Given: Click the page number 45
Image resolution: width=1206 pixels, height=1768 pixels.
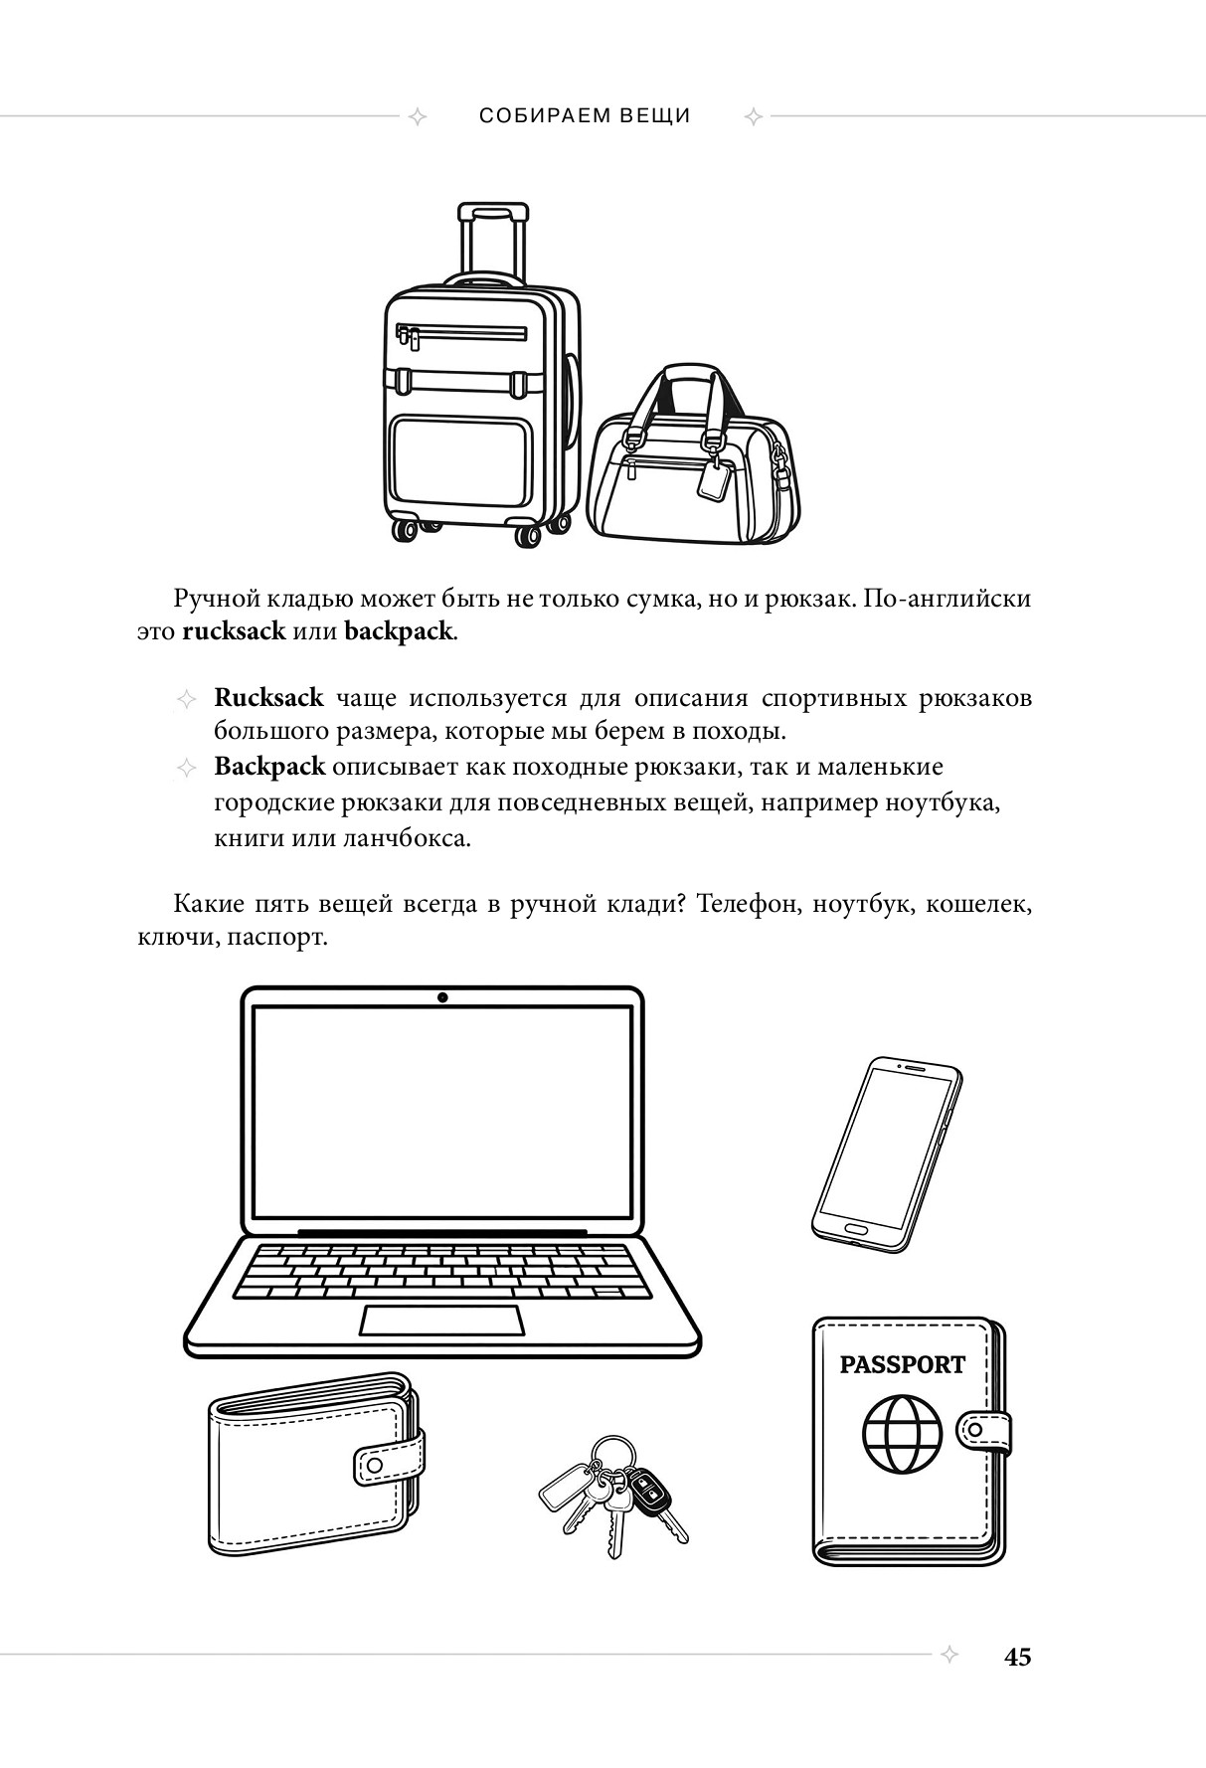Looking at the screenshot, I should coord(1017,1657).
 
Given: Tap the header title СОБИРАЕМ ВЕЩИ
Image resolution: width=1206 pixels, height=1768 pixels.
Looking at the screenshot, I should coord(585,115).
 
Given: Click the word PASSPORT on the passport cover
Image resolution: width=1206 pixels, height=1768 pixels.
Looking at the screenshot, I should coord(902,1364).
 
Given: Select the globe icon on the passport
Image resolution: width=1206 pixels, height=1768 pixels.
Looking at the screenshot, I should coord(902,1435).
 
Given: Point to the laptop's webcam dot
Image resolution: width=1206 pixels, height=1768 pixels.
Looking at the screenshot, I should coord(442,997).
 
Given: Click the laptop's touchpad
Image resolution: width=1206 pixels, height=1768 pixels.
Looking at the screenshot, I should coord(441,1321).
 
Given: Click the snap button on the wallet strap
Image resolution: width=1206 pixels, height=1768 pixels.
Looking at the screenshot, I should coord(374,1465).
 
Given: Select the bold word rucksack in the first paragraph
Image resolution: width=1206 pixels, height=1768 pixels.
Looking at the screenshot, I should coord(234,631).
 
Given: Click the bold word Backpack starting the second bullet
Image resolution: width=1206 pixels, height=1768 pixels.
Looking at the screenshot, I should coord(269,767).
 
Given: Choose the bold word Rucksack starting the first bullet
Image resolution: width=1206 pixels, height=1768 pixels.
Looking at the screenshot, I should coord(268,697).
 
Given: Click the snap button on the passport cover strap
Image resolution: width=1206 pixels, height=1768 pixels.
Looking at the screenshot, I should coord(975,1430).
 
